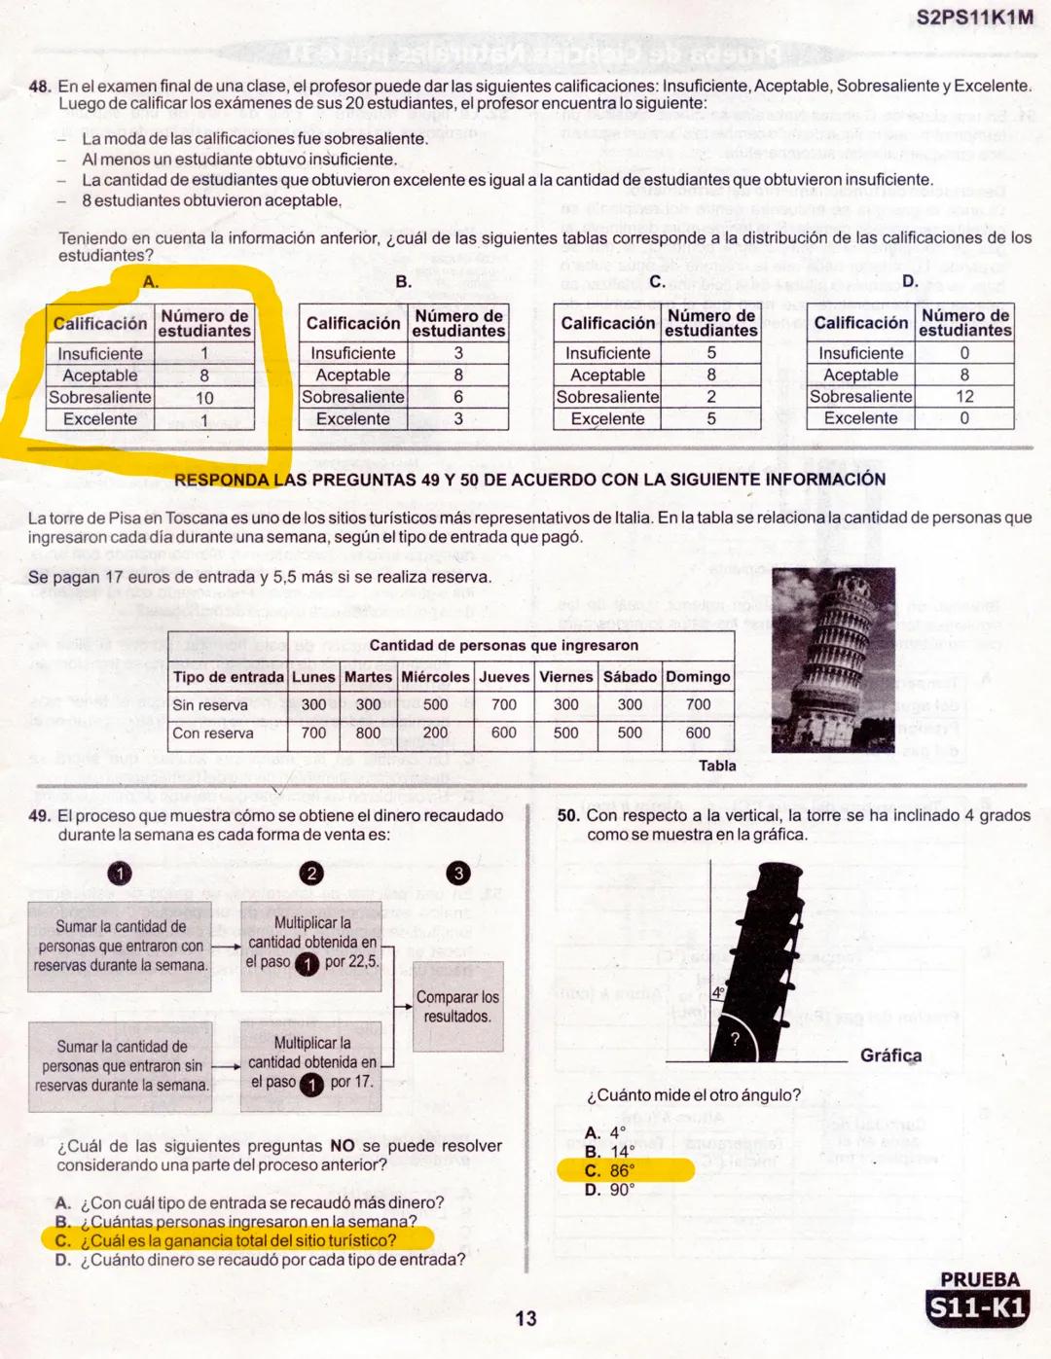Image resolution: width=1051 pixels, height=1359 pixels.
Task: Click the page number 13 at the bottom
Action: point(525,1318)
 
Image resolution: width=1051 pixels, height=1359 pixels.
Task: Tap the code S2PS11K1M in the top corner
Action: point(974,18)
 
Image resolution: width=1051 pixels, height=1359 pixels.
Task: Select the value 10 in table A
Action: point(204,398)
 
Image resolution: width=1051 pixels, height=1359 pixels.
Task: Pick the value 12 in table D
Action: point(964,397)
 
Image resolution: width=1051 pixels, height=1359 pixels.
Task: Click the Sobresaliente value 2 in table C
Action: point(711,397)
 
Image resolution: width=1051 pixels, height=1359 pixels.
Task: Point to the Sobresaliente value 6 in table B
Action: point(458,397)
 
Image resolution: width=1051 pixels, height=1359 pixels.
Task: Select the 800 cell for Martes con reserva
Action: point(368,733)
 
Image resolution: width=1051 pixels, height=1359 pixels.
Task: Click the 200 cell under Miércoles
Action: point(435,733)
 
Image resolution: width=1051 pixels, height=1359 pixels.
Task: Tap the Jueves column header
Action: point(504,677)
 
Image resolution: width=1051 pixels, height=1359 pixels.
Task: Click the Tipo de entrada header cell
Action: point(228,677)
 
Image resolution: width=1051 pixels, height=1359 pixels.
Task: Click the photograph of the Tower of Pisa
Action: point(833,661)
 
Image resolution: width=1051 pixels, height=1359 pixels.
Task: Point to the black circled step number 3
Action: point(457,874)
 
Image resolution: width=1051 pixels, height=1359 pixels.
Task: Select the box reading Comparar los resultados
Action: point(457,1007)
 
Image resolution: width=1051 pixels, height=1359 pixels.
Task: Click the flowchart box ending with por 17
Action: point(311,1062)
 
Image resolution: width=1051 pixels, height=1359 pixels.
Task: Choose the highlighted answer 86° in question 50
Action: point(622,1171)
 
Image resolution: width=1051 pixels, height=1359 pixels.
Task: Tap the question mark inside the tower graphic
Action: point(735,1039)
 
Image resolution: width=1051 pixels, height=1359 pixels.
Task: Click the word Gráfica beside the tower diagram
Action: point(890,1055)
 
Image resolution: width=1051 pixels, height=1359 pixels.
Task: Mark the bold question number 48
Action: point(40,87)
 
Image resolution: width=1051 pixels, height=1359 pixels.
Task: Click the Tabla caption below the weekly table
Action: point(717,766)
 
